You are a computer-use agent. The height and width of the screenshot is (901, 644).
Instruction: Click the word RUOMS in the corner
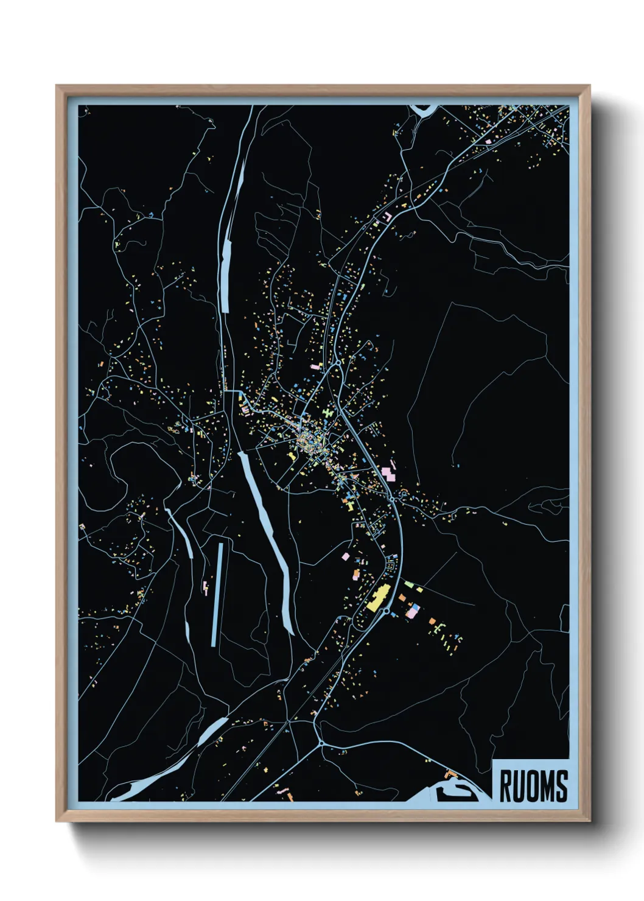pyautogui.click(x=533, y=785)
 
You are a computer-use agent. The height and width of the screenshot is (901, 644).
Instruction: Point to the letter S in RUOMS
pyautogui.click(x=561, y=785)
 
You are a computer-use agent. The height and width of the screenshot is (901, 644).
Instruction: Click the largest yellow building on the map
pyautogui.click(x=379, y=597)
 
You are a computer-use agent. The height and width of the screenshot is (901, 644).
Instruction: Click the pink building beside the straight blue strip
pyautogui.click(x=206, y=587)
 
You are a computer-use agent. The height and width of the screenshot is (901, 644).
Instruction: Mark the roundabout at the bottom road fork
pyautogui.click(x=321, y=743)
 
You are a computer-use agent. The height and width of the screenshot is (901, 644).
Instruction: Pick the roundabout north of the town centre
pyautogui.click(x=337, y=363)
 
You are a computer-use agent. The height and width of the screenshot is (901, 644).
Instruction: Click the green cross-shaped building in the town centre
pyautogui.click(x=328, y=413)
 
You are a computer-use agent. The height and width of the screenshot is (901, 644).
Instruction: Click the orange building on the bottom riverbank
pyautogui.click(x=451, y=774)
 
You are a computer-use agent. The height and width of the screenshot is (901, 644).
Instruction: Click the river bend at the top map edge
pyautogui.click(x=424, y=110)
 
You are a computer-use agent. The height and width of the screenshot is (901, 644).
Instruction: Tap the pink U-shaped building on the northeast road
pyautogui.click(x=386, y=216)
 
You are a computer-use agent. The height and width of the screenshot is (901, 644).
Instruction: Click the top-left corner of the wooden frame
pyautogui.click(x=57, y=86)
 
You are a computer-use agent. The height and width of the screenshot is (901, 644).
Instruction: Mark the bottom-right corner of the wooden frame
pyautogui.click(x=589, y=821)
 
